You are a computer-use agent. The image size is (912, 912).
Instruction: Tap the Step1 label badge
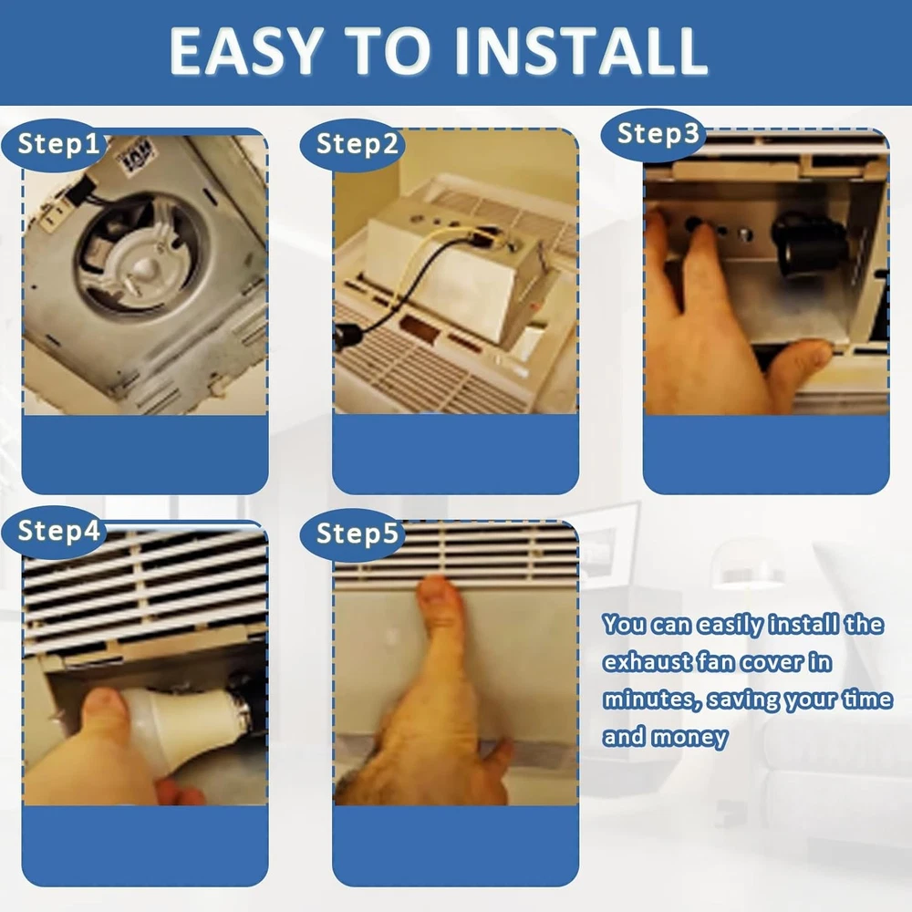(x=57, y=145)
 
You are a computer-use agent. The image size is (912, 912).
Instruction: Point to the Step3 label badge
(x=654, y=134)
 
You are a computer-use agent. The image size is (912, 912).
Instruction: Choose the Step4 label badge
(x=56, y=532)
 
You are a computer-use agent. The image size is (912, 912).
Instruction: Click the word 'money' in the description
(x=689, y=737)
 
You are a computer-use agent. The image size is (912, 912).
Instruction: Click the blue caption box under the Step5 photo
(x=455, y=845)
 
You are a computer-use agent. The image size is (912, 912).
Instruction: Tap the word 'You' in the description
(x=624, y=625)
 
